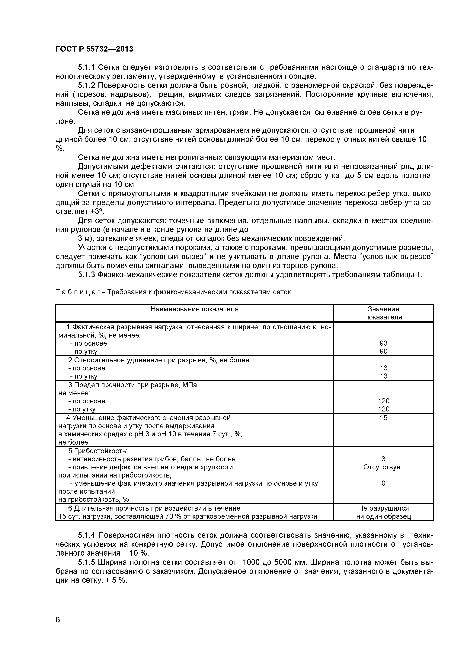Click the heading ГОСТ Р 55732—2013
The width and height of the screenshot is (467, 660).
click(x=94, y=49)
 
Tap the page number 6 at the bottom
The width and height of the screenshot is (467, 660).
click(x=58, y=620)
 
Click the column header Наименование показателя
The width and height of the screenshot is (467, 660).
click(x=194, y=309)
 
